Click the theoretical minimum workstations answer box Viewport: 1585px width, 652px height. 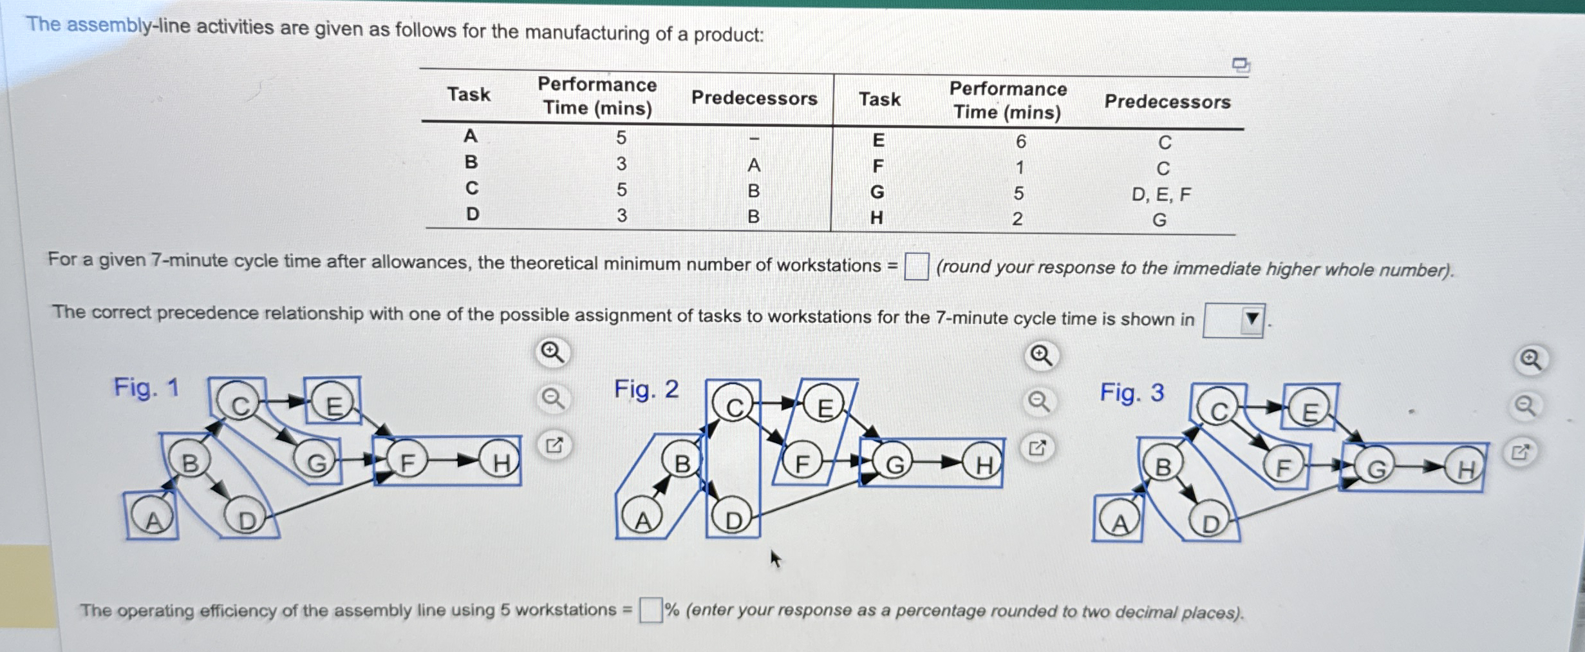pyautogui.click(x=915, y=266)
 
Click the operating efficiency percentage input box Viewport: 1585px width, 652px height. pyautogui.click(x=650, y=609)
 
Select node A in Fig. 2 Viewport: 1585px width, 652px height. pyautogui.click(x=642, y=519)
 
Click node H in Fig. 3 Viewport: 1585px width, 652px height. pyautogui.click(x=1465, y=469)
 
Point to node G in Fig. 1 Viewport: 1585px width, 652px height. pyautogui.click(x=315, y=461)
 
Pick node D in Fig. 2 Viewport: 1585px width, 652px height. pyautogui.click(x=733, y=519)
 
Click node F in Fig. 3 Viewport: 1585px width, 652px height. pyautogui.click(x=1282, y=467)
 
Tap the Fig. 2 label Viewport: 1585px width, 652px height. pyautogui.click(x=646, y=389)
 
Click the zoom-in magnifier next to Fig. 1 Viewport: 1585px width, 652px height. pyautogui.click(x=552, y=352)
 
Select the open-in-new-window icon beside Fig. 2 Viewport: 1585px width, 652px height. pyautogui.click(x=1037, y=448)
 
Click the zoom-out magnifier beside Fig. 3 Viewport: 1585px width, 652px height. pyautogui.click(x=1525, y=406)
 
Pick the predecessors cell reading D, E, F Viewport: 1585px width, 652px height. pyautogui.click(x=1161, y=194)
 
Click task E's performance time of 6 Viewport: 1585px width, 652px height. pyautogui.click(x=1020, y=141)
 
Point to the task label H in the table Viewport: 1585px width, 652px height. pyautogui.click(x=876, y=218)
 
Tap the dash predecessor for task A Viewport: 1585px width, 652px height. pyautogui.click(x=754, y=138)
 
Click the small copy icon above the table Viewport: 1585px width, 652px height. pyautogui.click(x=1240, y=64)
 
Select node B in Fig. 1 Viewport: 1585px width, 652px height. pyautogui.click(x=189, y=462)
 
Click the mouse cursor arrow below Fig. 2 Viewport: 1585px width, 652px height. pyautogui.click(x=775, y=558)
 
